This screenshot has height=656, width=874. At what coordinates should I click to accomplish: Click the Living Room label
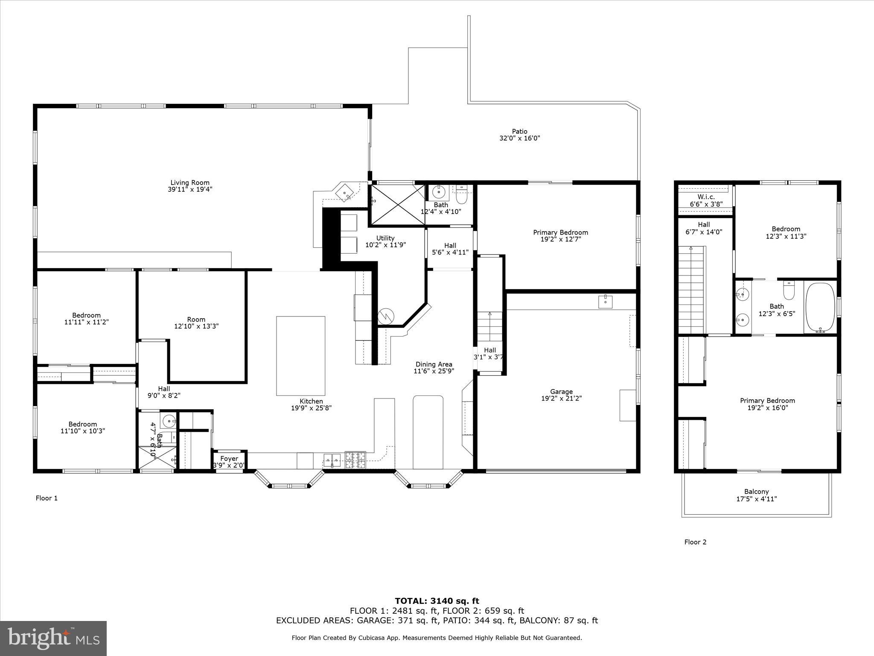(x=190, y=183)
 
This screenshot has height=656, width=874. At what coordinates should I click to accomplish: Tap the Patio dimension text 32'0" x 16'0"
(x=519, y=138)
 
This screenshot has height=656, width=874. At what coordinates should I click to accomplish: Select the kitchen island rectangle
(x=300, y=356)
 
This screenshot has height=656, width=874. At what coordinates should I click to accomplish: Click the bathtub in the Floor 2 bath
(x=819, y=307)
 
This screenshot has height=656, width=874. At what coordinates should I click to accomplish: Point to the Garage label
(x=561, y=392)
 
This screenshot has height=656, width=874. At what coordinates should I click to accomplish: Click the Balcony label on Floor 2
(x=756, y=492)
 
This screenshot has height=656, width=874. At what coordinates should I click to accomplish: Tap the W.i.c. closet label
(x=706, y=197)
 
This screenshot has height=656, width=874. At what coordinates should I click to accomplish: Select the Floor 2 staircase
(x=691, y=290)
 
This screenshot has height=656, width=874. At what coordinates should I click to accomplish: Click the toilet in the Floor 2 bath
(x=789, y=291)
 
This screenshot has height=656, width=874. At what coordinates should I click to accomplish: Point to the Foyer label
(x=229, y=459)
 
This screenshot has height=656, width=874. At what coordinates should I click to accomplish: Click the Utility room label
(x=385, y=238)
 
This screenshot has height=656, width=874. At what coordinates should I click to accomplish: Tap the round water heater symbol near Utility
(x=386, y=316)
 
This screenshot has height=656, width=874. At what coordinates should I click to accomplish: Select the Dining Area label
(x=434, y=364)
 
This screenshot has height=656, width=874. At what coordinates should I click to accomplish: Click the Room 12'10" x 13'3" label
(x=196, y=319)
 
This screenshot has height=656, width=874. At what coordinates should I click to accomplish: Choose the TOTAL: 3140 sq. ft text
(x=437, y=601)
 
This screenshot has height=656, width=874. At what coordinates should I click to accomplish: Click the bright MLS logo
(x=53, y=638)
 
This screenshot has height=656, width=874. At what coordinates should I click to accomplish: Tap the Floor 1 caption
(x=47, y=498)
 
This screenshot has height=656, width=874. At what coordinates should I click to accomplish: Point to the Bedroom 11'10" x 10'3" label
(x=83, y=424)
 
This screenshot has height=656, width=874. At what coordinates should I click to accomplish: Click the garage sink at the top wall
(x=605, y=301)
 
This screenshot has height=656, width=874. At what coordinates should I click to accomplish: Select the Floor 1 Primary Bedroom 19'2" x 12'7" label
(x=560, y=232)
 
